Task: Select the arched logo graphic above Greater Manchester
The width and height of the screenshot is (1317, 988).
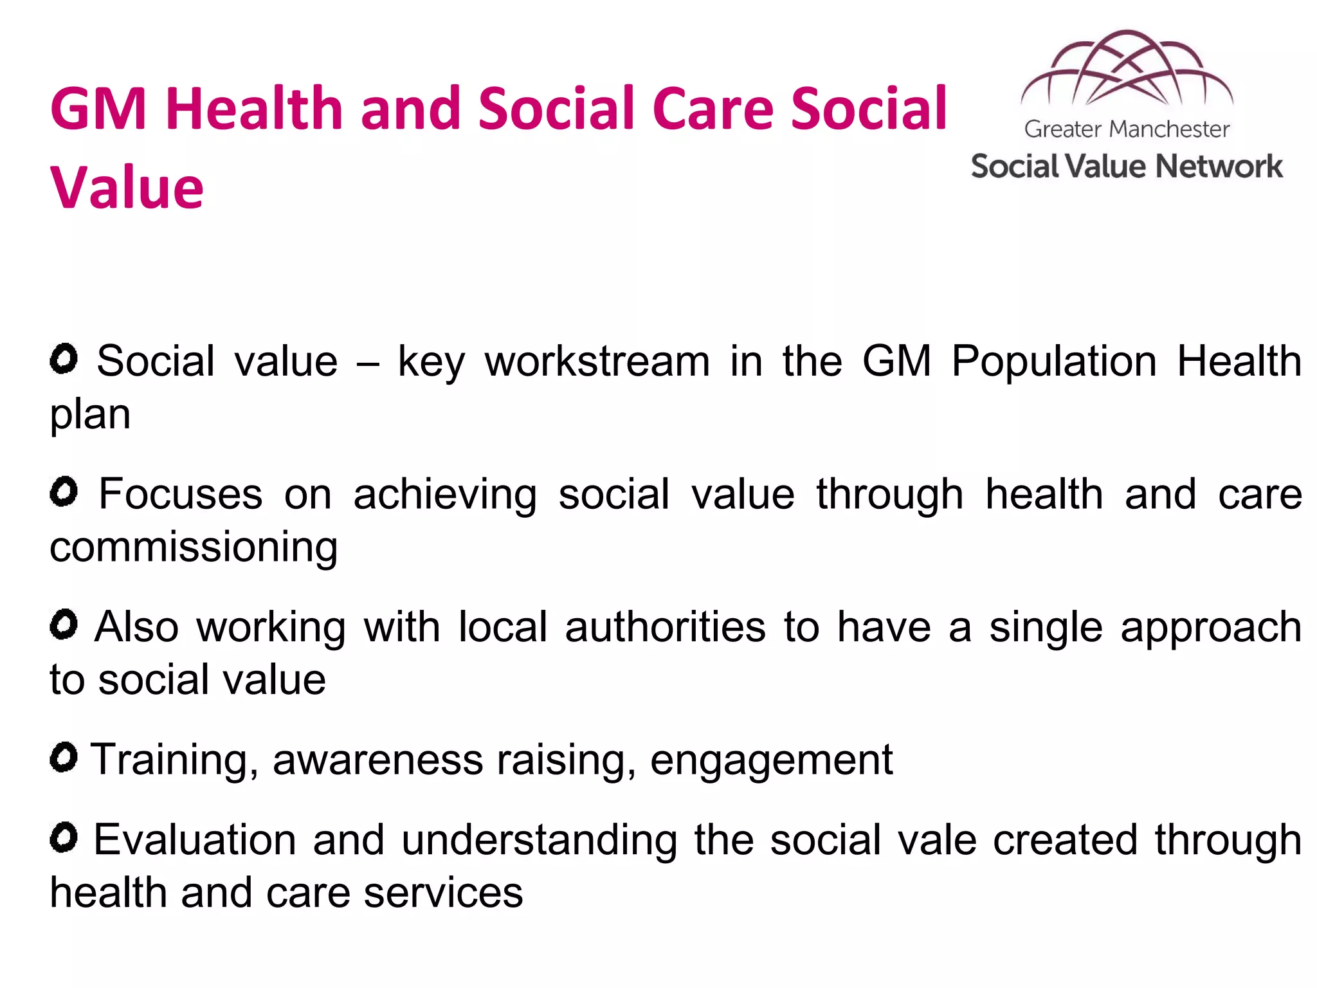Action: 1127,69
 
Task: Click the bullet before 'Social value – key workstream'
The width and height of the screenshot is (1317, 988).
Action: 64,358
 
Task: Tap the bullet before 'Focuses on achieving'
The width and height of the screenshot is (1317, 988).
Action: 64,492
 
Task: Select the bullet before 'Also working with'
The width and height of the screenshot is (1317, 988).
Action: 64,625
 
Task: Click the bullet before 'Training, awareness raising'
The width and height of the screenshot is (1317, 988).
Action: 64,757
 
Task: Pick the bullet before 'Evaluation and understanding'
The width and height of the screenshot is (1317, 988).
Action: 64,837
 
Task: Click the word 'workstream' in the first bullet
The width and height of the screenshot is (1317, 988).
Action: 597,361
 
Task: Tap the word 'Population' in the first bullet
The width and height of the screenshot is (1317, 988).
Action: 1054,361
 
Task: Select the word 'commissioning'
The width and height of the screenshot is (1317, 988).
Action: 194,548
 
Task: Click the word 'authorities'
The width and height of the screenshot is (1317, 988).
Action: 666,627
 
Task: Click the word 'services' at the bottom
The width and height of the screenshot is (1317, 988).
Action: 443,893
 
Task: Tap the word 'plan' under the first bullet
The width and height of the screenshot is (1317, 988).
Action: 90,416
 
